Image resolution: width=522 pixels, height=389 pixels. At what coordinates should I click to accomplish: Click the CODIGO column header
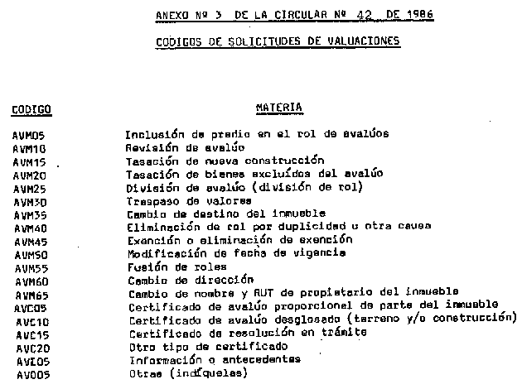pyautogui.click(x=31, y=108)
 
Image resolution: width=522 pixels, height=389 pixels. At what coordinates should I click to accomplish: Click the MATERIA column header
pyautogui.click(x=278, y=107)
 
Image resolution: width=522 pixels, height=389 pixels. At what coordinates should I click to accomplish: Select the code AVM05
pyautogui.click(x=29, y=135)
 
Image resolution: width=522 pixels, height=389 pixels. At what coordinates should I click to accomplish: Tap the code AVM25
pyautogui.click(x=29, y=189)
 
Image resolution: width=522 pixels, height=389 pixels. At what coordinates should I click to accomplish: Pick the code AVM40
pyautogui.click(x=29, y=228)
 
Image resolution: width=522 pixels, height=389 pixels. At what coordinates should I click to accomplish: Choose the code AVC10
pyautogui.click(x=29, y=321)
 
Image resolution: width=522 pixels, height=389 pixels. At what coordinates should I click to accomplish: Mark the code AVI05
pyautogui.click(x=29, y=361)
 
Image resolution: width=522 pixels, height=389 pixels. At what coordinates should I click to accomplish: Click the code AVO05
pyautogui.click(x=29, y=374)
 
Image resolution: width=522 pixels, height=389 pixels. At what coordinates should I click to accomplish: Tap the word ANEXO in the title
pyautogui.click(x=172, y=16)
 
